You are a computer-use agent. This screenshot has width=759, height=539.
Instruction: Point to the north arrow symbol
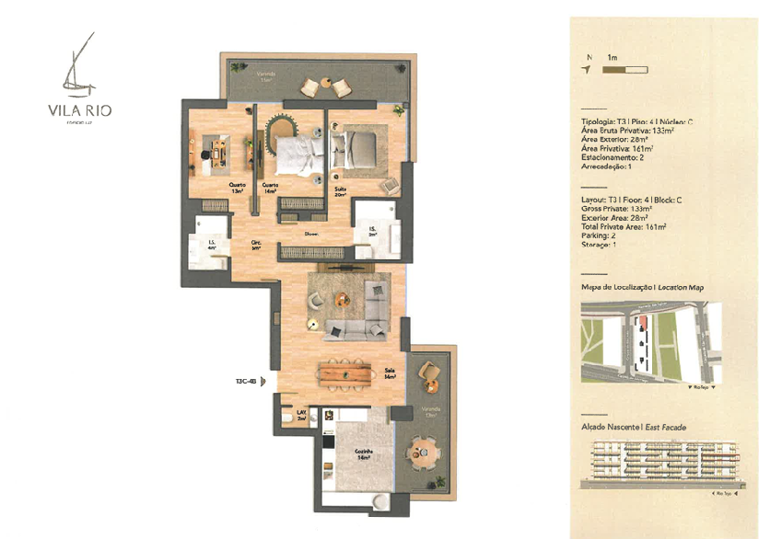(x=587, y=69)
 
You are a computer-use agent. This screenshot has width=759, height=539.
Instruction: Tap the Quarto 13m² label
(x=238, y=188)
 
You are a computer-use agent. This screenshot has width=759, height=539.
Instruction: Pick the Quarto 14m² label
(x=270, y=188)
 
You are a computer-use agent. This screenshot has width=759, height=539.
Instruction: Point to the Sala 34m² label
(x=391, y=374)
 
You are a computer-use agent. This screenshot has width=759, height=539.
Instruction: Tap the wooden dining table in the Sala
(x=349, y=372)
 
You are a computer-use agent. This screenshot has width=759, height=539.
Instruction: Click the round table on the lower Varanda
(x=423, y=453)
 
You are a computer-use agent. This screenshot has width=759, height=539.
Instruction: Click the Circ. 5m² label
(x=257, y=246)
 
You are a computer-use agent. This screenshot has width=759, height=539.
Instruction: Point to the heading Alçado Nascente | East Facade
(x=634, y=427)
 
